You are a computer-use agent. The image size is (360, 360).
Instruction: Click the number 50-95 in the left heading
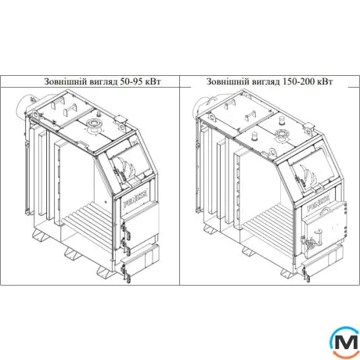coord(131,81)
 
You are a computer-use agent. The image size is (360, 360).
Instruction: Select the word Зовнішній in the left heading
coord(66,81)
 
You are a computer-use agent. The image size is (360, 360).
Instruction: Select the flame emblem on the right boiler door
coord(308,174)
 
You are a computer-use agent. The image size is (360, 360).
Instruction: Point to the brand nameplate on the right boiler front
coord(319,205)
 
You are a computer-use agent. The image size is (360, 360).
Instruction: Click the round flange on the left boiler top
coord(93,126)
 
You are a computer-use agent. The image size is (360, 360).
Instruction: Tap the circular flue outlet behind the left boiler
coord(24,106)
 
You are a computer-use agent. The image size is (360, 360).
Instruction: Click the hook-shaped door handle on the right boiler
coord(318,232)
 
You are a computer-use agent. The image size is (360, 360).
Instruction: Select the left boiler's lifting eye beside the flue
coord(35,114)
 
